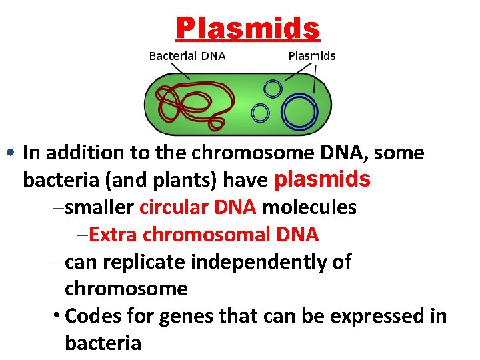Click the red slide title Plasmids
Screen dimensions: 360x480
pos(248,29)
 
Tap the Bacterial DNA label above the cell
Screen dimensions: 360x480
pos(187,56)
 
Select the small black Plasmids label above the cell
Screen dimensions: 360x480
pos(311,56)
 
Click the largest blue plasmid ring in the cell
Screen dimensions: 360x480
pos(299,111)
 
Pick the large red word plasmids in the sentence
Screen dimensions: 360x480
pos(322,179)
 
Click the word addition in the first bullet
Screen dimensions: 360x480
pos(84,153)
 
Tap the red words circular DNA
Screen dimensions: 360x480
pos(198,207)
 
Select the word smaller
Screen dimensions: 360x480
pos(101,207)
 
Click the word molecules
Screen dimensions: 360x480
pos(309,207)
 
